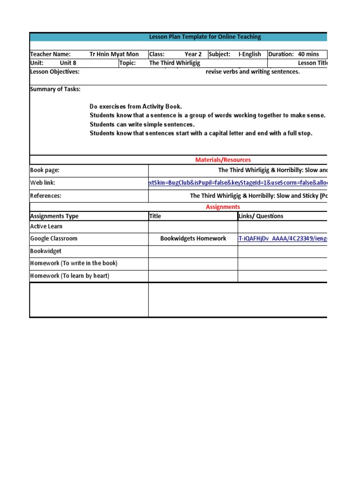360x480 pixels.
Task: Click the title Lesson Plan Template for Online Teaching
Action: [x=205, y=37]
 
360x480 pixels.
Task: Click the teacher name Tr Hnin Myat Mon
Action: [x=114, y=54]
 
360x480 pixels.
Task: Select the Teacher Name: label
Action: [x=50, y=54]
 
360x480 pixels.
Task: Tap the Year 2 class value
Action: [x=193, y=54]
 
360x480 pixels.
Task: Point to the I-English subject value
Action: [x=249, y=54]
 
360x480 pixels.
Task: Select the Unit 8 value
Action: [x=68, y=63]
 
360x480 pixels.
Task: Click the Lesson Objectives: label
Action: [x=55, y=72]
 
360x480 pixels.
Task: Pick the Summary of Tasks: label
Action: [x=55, y=89]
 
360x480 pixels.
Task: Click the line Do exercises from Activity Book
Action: [x=135, y=107]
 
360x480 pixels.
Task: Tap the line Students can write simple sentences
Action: [x=142, y=125]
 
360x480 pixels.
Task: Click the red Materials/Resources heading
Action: [x=223, y=160]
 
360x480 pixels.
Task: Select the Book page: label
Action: [x=45, y=171]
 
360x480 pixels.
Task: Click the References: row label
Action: [x=45, y=196]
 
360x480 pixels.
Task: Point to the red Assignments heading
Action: [x=223, y=207]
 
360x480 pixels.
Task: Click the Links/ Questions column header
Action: [x=262, y=216]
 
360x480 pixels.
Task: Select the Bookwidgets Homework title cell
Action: [x=193, y=239]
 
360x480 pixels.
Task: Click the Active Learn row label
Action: [x=46, y=226]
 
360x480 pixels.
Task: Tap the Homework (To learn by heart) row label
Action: [x=69, y=276]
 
